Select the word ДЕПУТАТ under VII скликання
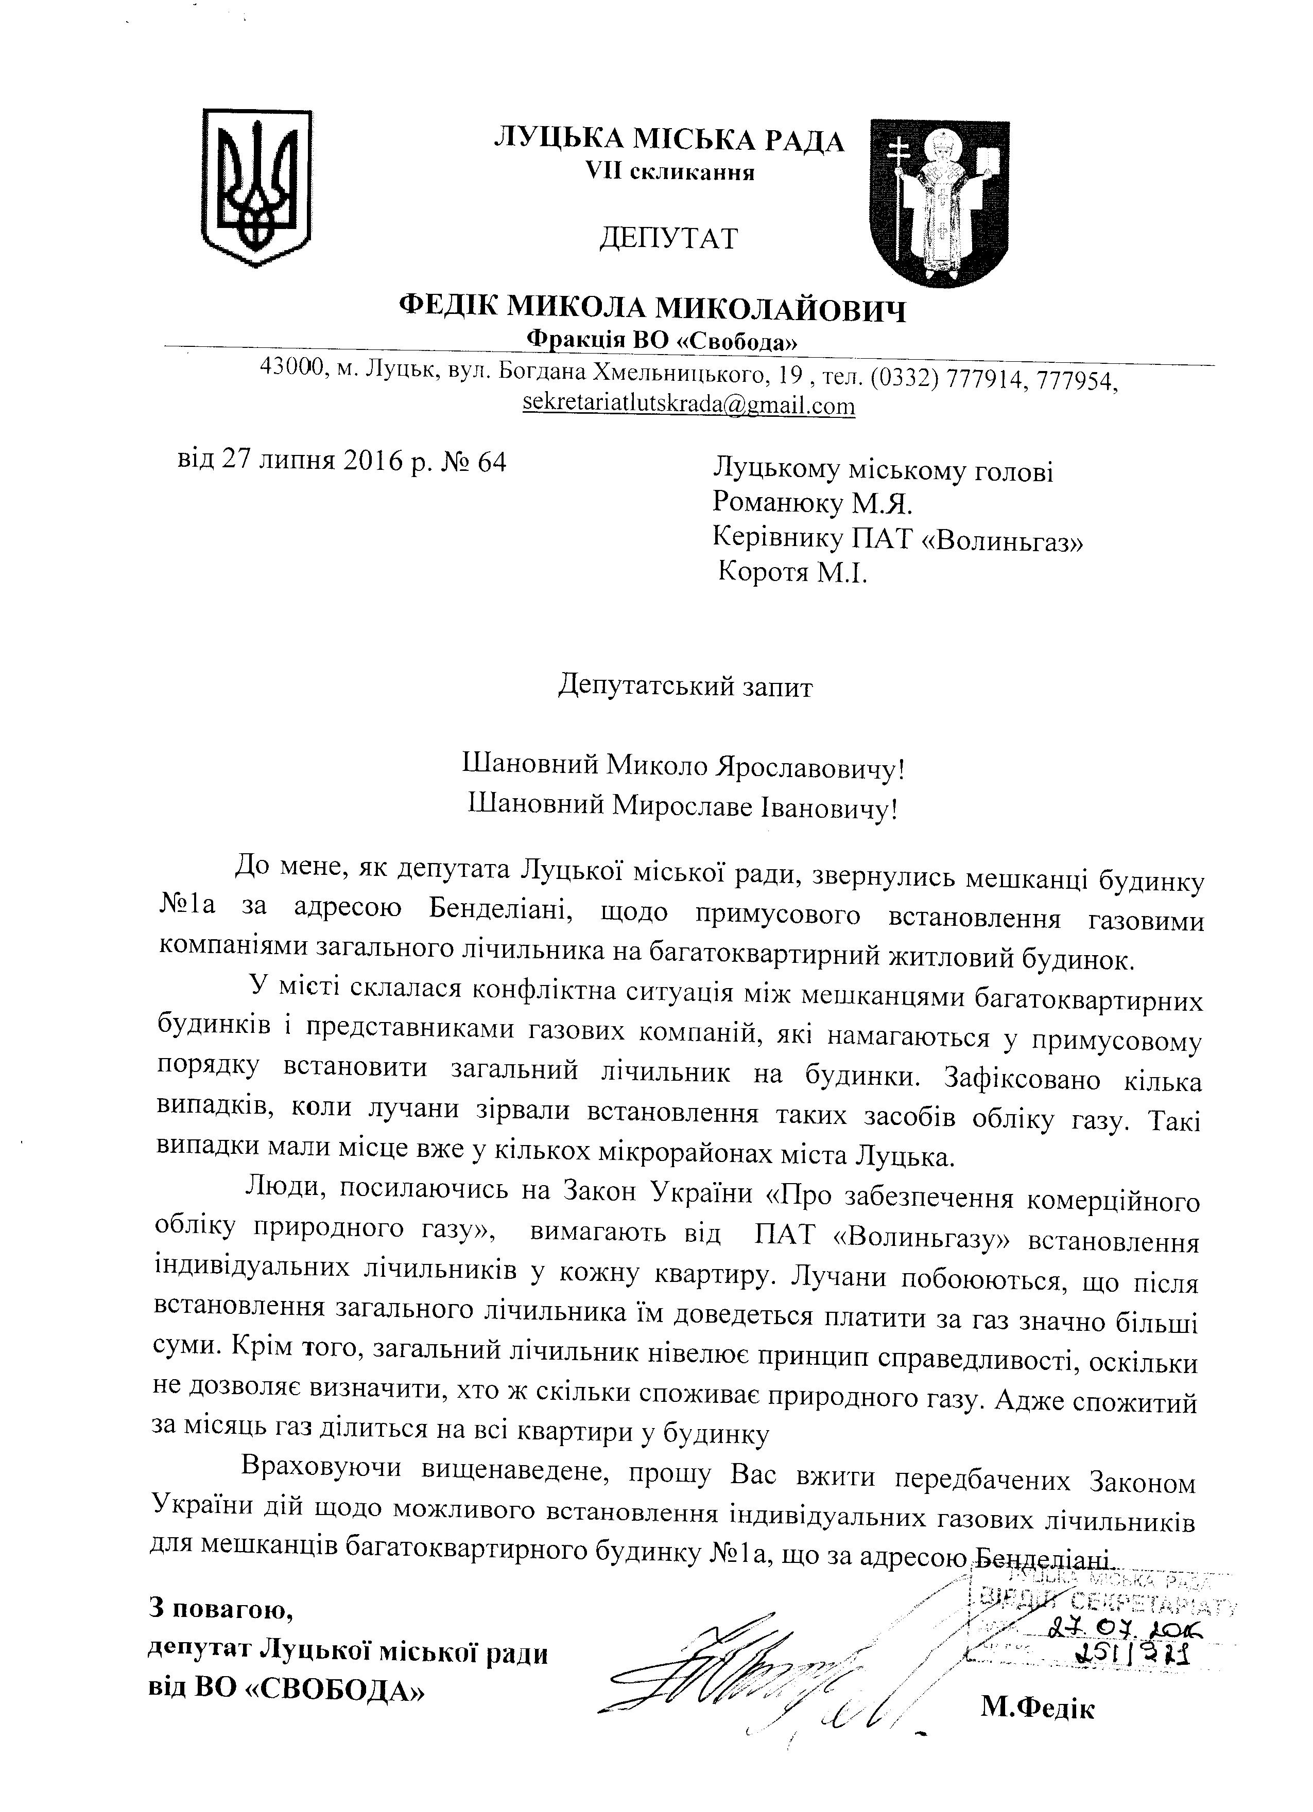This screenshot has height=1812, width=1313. (x=668, y=238)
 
